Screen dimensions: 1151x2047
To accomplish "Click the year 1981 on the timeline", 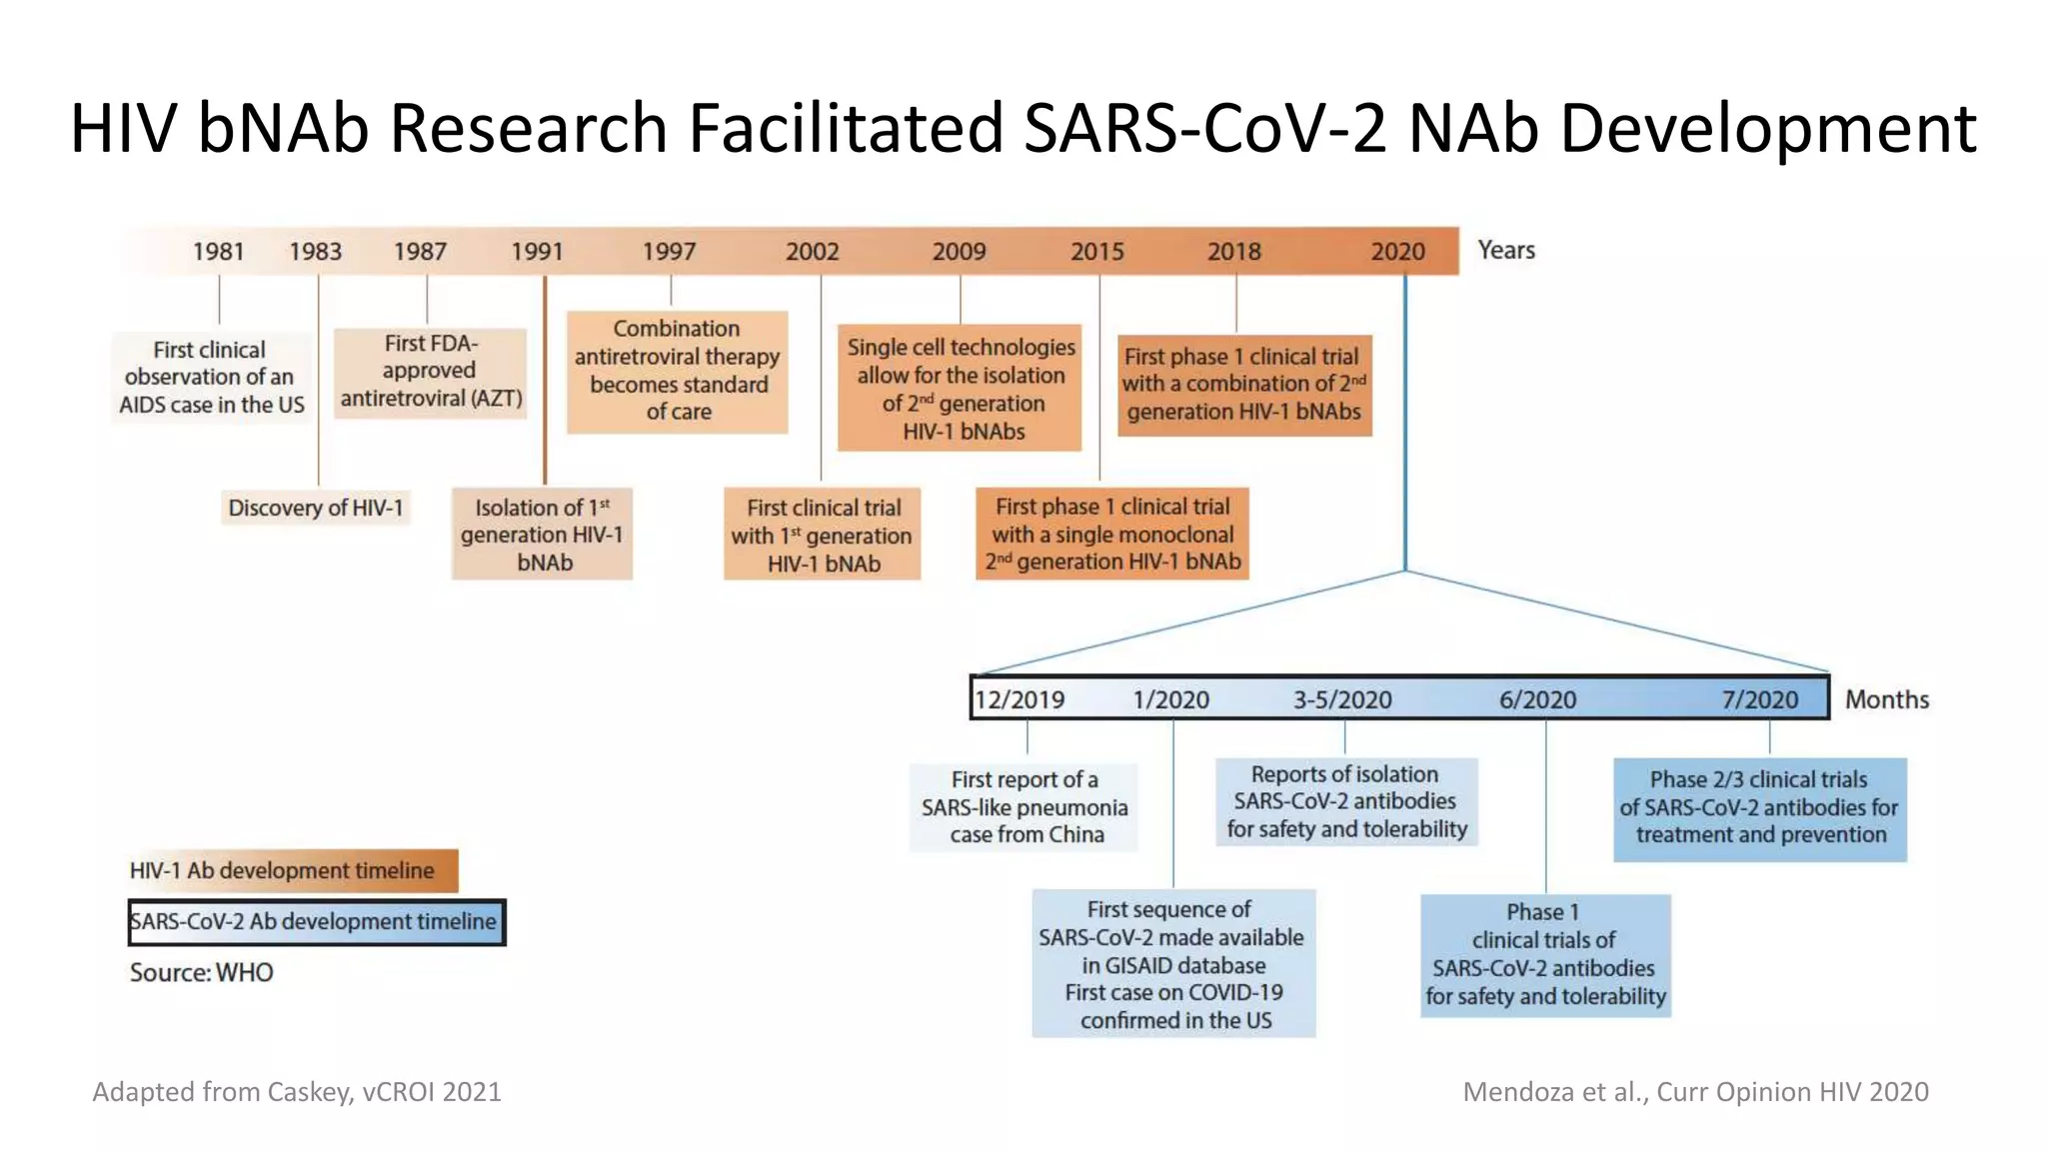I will tap(218, 251).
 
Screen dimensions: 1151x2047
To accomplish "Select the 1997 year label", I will tap(669, 251).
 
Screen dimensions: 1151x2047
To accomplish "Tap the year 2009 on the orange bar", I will tap(959, 251).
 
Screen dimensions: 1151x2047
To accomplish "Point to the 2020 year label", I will tap(1397, 251).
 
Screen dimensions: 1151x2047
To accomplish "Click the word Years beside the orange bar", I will tap(1505, 250).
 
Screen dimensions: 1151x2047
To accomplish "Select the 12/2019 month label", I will tap(1020, 699).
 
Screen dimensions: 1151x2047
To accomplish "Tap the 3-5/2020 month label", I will tap(1342, 699).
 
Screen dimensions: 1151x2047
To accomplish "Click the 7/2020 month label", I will tap(1759, 699).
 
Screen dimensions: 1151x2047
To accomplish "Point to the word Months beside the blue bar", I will tap(1886, 699).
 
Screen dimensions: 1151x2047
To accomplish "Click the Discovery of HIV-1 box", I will tap(316, 508).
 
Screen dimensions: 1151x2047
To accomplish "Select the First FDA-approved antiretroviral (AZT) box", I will tap(431, 372).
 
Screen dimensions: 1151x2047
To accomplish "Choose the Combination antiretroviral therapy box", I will tap(678, 371).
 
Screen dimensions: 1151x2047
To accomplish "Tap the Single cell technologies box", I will tap(961, 389).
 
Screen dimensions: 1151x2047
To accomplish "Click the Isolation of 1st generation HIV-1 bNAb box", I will tap(542, 535).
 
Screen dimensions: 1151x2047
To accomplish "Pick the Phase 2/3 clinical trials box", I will tap(1759, 808).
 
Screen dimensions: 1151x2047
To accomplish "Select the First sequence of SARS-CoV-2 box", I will tap(1172, 964).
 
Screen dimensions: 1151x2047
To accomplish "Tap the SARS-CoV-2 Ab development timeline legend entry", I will tap(316, 921).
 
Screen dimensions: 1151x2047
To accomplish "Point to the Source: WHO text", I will tap(201, 972).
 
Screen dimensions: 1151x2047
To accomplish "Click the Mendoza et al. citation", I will tap(1695, 1091).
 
